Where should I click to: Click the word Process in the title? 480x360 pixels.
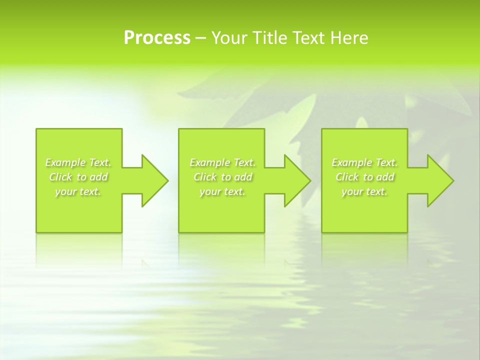tap(157, 38)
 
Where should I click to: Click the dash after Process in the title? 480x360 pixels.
tap(200, 38)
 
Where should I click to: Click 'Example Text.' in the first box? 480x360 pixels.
tap(78, 162)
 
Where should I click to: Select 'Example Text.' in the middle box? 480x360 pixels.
tap(222, 162)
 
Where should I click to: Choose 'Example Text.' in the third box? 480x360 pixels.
tap(364, 162)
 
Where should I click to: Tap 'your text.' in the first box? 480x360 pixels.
tap(78, 191)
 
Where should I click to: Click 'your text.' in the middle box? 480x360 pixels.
tap(222, 191)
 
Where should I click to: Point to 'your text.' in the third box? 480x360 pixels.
tap(364, 191)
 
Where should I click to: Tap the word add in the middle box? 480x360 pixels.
tap(242, 177)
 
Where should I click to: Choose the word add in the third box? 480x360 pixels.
tap(384, 177)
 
